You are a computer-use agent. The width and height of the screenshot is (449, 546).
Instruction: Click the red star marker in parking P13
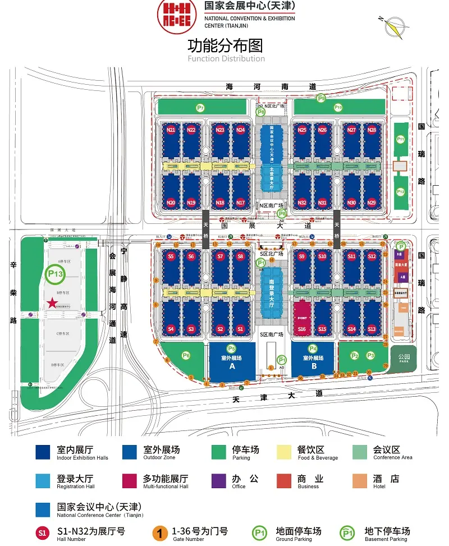click(x=52, y=303)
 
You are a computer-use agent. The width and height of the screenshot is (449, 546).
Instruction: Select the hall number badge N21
click(x=171, y=130)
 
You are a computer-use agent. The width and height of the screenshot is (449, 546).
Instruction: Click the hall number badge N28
click(x=372, y=130)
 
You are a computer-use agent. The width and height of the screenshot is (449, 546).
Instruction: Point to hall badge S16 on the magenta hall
click(x=302, y=329)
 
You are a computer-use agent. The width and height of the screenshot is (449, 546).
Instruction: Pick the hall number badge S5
click(x=171, y=256)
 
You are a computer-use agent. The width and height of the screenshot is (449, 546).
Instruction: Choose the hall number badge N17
click(x=241, y=203)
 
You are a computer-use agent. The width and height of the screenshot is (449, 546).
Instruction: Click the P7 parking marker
click(x=200, y=107)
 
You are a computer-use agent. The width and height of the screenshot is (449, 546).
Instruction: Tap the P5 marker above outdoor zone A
click(x=231, y=348)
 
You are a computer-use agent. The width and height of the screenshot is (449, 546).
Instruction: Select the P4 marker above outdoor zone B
click(x=313, y=348)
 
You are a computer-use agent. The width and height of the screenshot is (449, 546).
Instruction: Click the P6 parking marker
click(x=186, y=355)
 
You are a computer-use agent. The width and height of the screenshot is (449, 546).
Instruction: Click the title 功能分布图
click(x=225, y=45)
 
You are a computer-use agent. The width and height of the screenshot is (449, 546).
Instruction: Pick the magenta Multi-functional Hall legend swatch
click(x=130, y=481)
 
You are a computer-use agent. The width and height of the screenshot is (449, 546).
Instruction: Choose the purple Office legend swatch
click(x=218, y=481)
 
